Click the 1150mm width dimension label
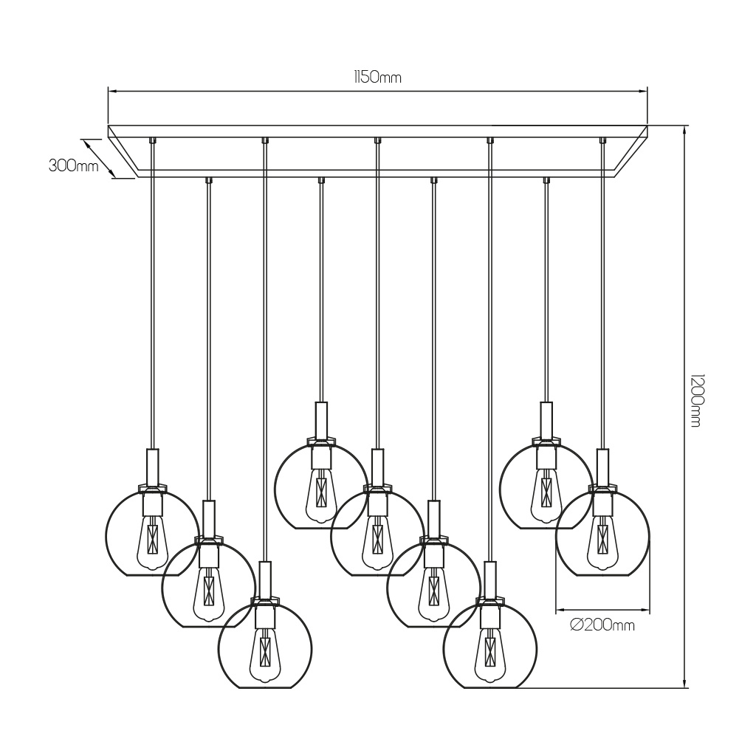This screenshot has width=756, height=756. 377,77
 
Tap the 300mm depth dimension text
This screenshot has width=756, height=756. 73,166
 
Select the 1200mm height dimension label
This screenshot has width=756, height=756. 695,400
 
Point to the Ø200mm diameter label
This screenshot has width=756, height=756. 602,625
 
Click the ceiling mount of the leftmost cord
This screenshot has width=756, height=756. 152,140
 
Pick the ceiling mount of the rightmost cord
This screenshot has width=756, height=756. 602,140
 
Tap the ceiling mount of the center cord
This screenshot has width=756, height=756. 377,140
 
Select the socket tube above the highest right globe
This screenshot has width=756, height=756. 546,420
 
